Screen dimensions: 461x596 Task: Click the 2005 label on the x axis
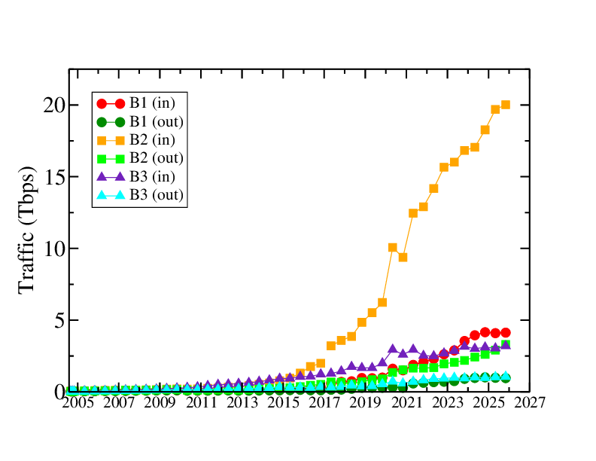click(x=77, y=404)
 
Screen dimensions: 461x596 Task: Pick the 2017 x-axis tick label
click(x=324, y=404)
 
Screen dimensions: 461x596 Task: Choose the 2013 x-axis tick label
click(x=242, y=404)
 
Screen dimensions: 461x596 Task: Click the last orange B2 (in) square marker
click(x=506, y=105)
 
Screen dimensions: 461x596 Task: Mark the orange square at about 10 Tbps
click(x=393, y=247)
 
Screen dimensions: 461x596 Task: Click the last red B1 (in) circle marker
click(x=506, y=332)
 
